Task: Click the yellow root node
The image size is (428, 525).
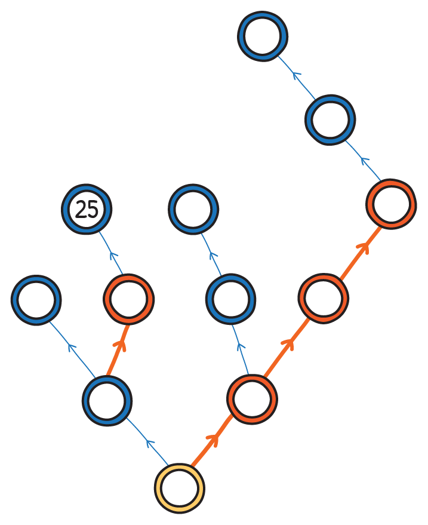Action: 179,487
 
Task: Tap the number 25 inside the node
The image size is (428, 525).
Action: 87,210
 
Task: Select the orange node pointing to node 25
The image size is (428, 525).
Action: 128,299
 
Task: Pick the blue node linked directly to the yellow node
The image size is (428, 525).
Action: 107,400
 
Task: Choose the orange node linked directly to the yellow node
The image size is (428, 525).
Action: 252,399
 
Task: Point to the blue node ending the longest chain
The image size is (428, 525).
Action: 263,35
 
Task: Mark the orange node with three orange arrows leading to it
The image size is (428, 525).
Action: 391,204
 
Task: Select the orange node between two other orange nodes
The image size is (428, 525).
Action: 323,298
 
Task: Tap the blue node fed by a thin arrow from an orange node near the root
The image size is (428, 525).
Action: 230,299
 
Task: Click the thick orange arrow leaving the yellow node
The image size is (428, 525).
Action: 212,441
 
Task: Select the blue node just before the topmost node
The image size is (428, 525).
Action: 330,119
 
